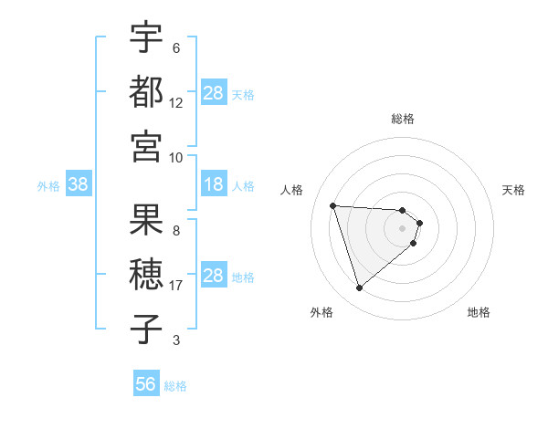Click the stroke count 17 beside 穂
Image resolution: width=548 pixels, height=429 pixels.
176,286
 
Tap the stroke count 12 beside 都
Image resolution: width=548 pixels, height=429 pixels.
176,102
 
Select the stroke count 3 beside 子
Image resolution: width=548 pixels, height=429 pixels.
176,340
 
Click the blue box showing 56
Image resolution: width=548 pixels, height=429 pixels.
146,384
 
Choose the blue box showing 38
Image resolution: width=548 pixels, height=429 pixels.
78,184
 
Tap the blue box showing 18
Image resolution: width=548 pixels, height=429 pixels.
214,184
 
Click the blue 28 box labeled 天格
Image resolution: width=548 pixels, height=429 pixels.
214,93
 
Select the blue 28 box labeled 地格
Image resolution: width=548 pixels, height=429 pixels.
214,276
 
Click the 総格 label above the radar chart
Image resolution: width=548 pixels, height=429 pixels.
403,119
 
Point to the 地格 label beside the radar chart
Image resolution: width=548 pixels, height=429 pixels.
479,312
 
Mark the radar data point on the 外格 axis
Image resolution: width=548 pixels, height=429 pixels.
359,288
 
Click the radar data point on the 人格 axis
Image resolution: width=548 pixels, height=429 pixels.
333,205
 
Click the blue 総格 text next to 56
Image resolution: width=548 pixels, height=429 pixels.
176,386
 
